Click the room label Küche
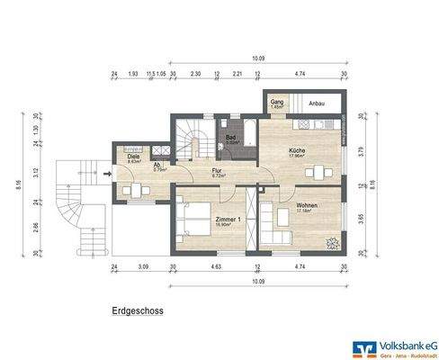click(x=297, y=150)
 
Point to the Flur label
click(x=217, y=168)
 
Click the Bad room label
click(x=231, y=139)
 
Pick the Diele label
click(x=133, y=157)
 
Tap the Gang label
click(x=277, y=103)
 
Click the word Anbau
click(x=317, y=103)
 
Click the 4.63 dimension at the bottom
click(x=216, y=268)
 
